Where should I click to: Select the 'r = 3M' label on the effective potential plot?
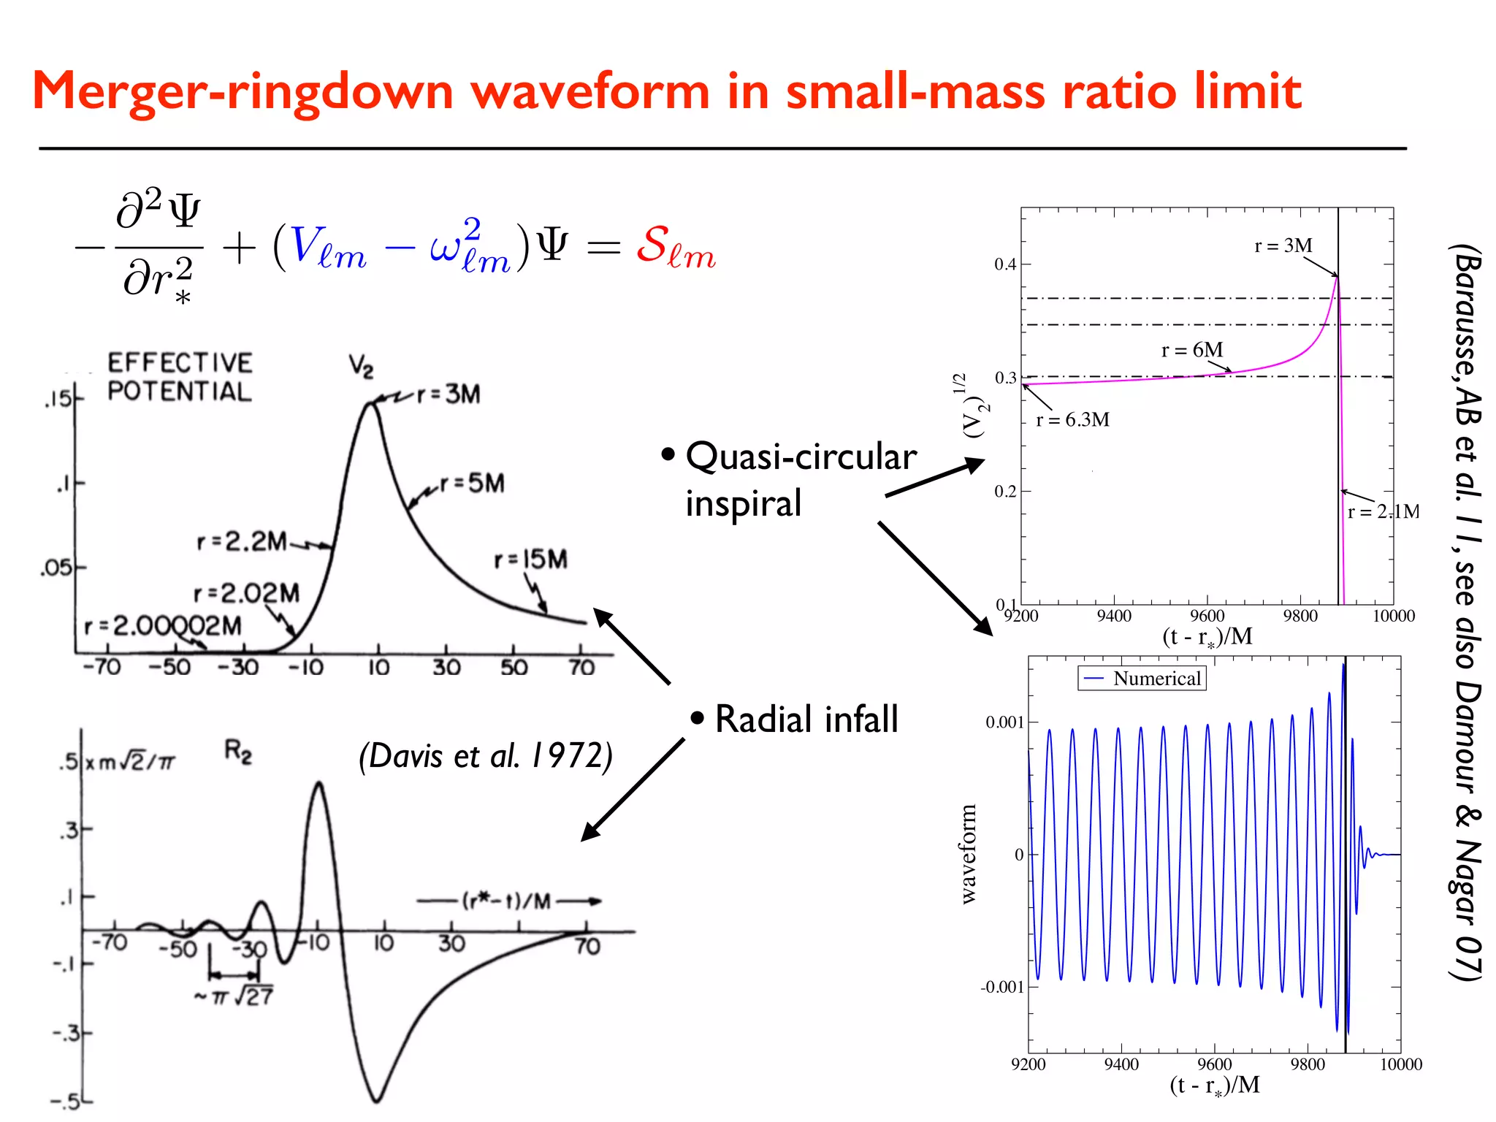click(x=449, y=395)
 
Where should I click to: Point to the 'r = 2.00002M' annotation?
click(x=162, y=626)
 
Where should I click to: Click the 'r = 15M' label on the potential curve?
click(x=530, y=560)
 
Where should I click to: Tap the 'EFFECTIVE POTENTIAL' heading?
click(x=180, y=377)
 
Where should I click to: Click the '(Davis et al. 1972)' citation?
click(x=485, y=756)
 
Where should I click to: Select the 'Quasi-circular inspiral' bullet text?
click(x=800, y=479)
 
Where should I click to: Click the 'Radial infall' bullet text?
click(x=806, y=719)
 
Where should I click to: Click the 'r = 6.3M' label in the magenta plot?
click(x=1072, y=420)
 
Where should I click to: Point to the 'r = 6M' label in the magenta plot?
click(x=1191, y=350)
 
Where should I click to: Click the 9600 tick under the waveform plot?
click(x=1214, y=1064)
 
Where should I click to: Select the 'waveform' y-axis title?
click(x=968, y=854)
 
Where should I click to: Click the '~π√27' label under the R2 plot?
click(x=234, y=996)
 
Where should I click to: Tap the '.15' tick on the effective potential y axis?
click(x=58, y=399)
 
